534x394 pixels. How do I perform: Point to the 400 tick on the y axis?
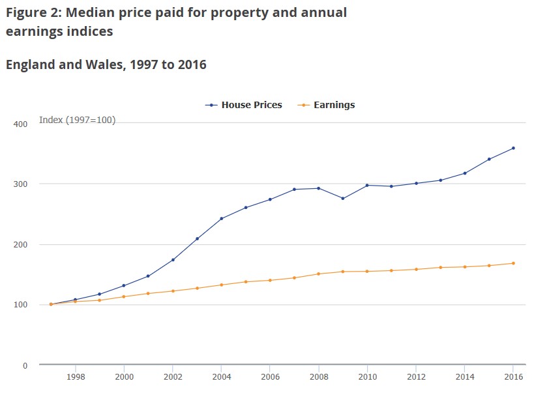pos(20,124)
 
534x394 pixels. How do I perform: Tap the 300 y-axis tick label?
pos(20,184)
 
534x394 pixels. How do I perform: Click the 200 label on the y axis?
pos(20,245)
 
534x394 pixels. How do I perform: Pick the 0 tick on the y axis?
pos(24,365)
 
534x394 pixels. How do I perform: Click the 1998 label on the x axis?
pos(76,376)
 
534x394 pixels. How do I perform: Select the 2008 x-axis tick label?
pos(318,376)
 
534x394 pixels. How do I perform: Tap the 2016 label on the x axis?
pos(513,376)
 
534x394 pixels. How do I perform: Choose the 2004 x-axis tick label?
pos(221,376)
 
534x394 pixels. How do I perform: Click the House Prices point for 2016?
pos(513,148)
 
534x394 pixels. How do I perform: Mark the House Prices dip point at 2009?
pos(343,198)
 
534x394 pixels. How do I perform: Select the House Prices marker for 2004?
pos(221,218)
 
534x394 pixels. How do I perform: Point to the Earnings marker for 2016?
pos(513,263)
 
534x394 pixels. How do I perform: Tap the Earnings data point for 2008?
pos(318,274)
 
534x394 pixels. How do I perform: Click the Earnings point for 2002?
pos(173,291)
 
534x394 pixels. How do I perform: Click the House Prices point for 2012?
pos(416,183)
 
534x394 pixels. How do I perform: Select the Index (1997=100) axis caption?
pos(78,120)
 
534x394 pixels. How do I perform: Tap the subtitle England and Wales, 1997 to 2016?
pos(106,64)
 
